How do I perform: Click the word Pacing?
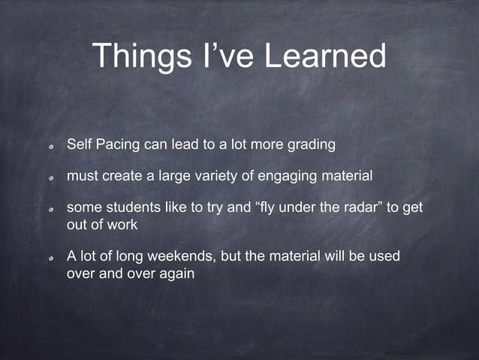pyautogui.click(x=119, y=144)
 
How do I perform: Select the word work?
pyautogui.click(x=123, y=225)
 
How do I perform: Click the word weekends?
pyautogui.click(x=180, y=256)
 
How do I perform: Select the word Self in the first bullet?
pyautogui.click(x=80, y=144)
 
